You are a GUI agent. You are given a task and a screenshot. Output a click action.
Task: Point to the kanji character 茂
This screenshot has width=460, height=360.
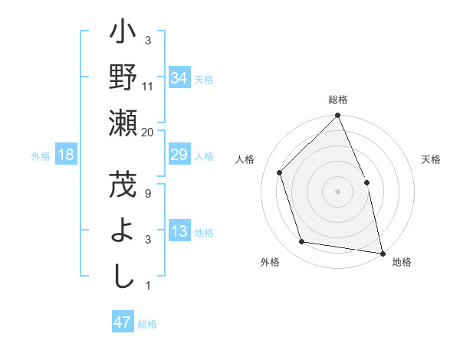123,185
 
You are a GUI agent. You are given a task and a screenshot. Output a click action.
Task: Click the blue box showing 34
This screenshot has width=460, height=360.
179,78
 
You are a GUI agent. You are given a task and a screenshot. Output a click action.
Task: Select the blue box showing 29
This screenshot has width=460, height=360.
179,155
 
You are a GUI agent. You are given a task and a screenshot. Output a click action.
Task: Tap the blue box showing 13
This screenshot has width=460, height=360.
179,232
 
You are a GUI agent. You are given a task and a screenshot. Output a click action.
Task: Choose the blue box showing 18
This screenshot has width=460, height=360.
66,155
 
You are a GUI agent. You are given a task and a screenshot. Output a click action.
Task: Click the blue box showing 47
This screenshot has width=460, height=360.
123,322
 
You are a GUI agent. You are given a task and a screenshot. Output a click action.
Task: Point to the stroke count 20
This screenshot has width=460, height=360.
148,132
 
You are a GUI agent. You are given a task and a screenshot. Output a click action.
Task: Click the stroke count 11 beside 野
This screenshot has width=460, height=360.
148,86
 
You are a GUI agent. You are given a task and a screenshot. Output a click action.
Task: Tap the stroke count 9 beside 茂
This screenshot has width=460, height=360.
148,193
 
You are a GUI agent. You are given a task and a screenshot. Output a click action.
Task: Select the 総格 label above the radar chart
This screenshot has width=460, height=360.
338,100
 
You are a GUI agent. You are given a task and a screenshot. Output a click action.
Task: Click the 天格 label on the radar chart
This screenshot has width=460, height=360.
431,159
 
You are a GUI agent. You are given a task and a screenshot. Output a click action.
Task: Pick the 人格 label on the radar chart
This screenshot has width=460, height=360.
245,159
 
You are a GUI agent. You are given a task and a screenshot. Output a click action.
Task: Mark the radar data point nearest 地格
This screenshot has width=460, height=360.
382,252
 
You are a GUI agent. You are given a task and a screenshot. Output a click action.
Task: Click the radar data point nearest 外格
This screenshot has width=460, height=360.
302,242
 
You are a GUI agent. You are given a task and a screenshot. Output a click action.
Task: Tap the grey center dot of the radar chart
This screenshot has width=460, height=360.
338,191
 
